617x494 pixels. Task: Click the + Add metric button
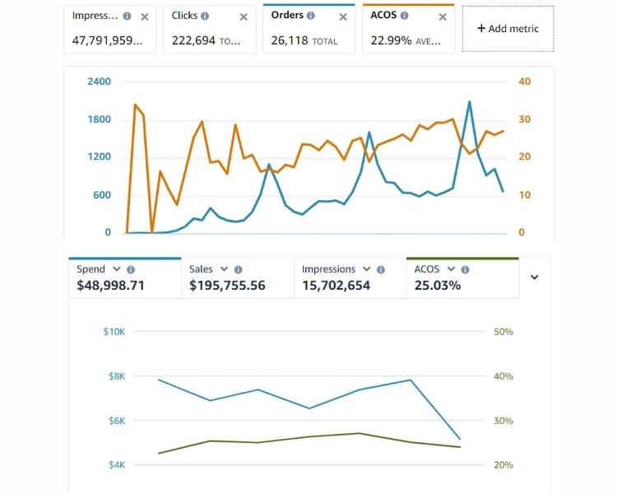point(508,29)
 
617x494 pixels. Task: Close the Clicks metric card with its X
point(244,16)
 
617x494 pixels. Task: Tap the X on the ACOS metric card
point(443,16)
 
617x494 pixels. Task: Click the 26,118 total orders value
point(290,40)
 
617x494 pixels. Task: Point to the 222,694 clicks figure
point(194,40)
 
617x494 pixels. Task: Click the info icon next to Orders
point(311,16)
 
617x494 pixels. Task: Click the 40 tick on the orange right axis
point(525,82)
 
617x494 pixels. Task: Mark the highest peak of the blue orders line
point(469,102)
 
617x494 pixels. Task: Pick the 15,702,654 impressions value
point(336,286)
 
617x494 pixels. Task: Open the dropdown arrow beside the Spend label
point(117,269)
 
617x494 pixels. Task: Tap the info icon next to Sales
point(238,269)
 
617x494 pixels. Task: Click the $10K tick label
point(114,332)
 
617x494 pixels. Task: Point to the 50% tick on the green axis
point(503,332)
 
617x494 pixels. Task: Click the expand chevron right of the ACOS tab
point(534,277)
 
